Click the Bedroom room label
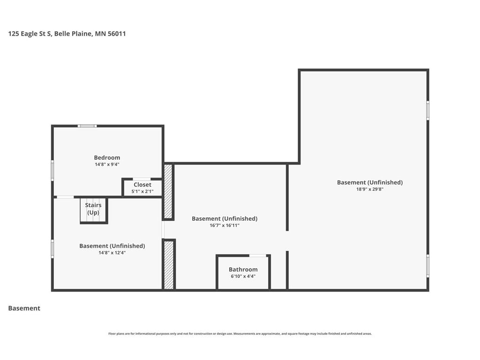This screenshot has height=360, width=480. (x=107, y=157)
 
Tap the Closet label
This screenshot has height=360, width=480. (x=142, y=185)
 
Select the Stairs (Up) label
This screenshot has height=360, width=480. (x=93, y=209)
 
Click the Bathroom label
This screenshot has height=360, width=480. (x=243, y=270)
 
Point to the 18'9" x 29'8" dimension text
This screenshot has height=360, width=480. (x=370, y=189)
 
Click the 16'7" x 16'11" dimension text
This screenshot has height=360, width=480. (x=225, y=225)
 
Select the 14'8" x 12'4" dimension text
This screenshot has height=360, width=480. (x=112, y=253)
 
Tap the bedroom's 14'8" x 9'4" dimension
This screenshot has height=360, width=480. (x=107, y=165)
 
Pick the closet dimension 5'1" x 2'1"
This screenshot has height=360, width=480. (x=142, y=192)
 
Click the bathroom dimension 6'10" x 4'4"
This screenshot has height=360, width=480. (x=243, y=276)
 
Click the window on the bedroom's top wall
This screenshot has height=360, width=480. (x=87, y=126)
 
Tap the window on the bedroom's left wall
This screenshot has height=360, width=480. (x=52, y=171)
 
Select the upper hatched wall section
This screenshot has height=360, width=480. (x=168, y=191)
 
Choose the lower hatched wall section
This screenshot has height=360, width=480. (x=169, y=265)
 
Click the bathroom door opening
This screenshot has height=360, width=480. (x=258, y=255)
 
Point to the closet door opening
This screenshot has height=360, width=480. (x=142, y=179)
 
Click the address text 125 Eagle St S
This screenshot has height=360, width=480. (x=30, y=34)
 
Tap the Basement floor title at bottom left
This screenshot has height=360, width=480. (x=24, y=308)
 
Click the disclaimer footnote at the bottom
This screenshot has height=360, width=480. (x=240, y=334)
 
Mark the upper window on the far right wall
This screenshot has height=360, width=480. (x=427, y=111)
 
